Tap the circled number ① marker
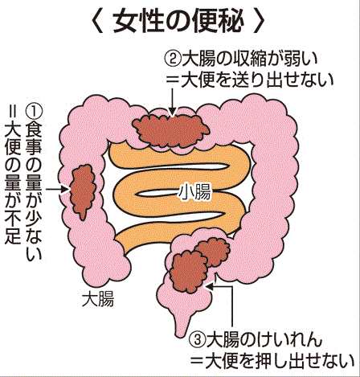pyautogui.click(x=34, y=112)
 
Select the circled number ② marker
pyautogui.click(x=173, y=59)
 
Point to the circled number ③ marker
pyautogui.click(x=198, y=340)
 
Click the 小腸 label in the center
pyautogui.click(x=194, y=191)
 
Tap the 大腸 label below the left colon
pyautogui.click(x=98, y=298)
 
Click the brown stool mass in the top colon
pyautogui.click(x=170, y=129)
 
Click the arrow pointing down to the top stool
pyautogui.click(x=173, y=102)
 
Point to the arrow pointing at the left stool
pyautogui.click(x=58, y=189)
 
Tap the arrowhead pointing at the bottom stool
pyautogui.click(x=209, y=286)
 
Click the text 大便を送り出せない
pyautogui.click(x=257, y=80)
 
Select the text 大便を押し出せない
pyautogui.click(x=279, y=362)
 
